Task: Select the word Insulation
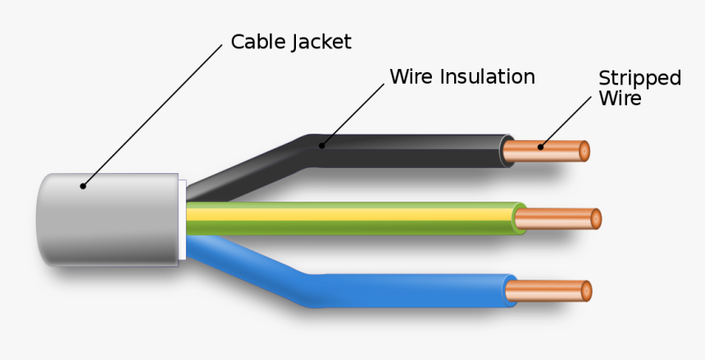488,77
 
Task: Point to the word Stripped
639,79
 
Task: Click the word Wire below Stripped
620,98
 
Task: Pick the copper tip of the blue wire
549,290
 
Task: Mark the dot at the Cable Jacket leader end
82,186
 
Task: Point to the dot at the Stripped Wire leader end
540,148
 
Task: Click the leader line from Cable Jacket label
152,116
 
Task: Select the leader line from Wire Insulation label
352,116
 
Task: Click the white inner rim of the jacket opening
183,219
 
